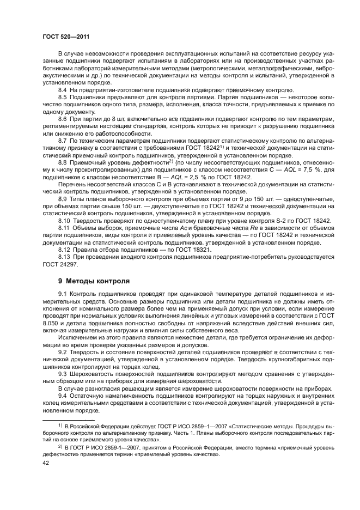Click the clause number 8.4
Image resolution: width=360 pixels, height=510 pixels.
[63, 88]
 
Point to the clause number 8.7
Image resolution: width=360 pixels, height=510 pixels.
[63, 140]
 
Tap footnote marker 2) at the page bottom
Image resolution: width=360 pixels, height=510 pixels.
[61, 445]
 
